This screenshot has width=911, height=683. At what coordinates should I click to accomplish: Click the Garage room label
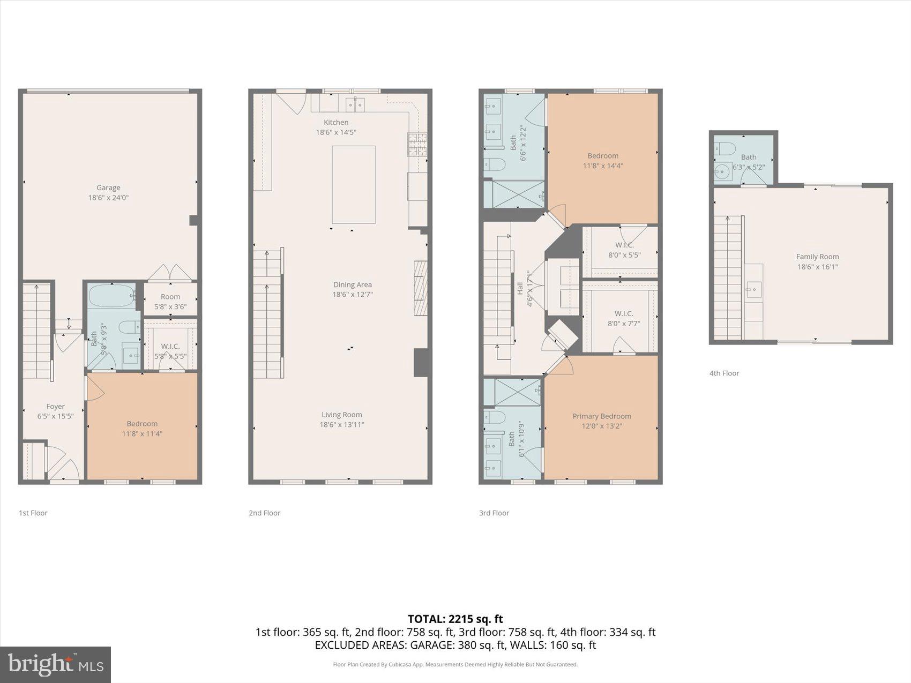[x=108, y=188]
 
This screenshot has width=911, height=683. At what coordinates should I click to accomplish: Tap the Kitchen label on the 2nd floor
[x=336, y=123]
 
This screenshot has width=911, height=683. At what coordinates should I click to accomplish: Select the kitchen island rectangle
[x=354, y=184]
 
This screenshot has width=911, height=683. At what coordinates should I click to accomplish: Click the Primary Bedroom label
[x=602, y=416]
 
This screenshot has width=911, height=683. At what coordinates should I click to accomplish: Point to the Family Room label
[x=817, y=257]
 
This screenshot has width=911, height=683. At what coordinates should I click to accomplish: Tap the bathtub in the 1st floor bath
[x=111, y=295]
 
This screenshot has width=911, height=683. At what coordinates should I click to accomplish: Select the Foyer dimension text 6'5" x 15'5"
[x=55, y=416]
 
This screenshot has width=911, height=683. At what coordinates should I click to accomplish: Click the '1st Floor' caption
[x=33, y=513]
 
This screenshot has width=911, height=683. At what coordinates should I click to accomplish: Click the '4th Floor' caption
[x=724, y=373]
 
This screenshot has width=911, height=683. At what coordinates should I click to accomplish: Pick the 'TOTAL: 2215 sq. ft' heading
[x=455, y=619]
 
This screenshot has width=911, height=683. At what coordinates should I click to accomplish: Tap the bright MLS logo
[x=56, y=664]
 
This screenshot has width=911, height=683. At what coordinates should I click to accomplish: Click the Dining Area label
[x=352, y=285]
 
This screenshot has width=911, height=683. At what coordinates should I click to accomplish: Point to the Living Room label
[x=342, y=415]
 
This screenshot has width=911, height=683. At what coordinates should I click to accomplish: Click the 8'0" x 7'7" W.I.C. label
[x=624, y=318]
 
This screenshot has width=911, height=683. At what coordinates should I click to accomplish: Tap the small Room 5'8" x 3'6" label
[x=170, y=302]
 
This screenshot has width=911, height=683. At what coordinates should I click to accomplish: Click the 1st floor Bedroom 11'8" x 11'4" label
[x=142, y=429]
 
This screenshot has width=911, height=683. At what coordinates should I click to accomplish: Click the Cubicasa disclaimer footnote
[x=455, y=665]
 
